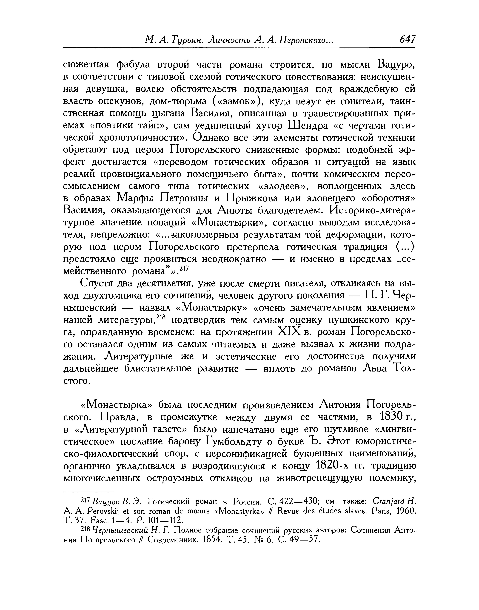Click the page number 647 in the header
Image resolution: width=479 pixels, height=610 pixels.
coord(407,40)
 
